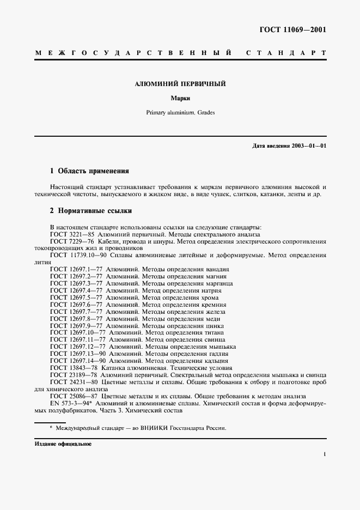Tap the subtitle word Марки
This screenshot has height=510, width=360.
180,99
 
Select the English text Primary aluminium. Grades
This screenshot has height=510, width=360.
180,113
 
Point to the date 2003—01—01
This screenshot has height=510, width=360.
308,146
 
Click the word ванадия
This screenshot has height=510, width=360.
216,269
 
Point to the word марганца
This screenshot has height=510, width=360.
218,283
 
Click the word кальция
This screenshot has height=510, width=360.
215,361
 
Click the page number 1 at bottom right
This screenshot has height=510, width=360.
324,453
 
